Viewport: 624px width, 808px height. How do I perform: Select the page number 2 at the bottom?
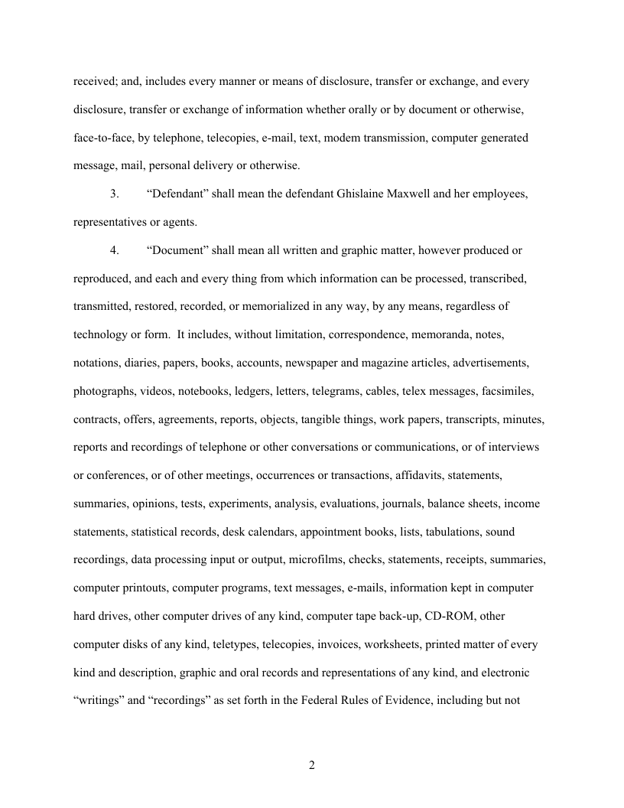point(312,765)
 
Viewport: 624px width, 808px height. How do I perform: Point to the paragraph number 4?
point(114,250)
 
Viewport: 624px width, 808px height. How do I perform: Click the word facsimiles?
point(508,391)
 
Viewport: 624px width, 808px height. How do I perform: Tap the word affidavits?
point(419,475)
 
